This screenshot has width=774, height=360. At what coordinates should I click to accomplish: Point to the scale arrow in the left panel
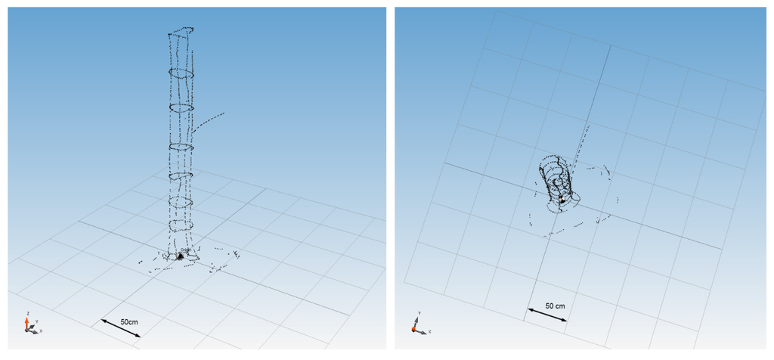[x=120, y=329]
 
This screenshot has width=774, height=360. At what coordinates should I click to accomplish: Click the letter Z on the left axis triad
[x=28, y=313]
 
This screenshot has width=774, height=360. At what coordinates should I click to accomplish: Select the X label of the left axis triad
[x=40, y=331]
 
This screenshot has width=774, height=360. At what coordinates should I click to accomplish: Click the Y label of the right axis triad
[x=418, y=313]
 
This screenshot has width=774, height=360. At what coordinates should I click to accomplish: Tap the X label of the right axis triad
[x=429, y=331]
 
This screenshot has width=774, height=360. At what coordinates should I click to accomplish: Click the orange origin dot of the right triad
[x=415, y=330]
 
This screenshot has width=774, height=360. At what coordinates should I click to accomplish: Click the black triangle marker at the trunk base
[x=180, y=256]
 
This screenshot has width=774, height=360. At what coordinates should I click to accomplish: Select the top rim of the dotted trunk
[x=181, y=32]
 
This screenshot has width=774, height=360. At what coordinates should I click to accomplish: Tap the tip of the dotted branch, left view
[x=224, y=113]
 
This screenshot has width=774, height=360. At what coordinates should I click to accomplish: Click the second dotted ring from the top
[x=181, y=73]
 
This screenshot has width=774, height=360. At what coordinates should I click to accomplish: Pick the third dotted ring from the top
[x=181, y=108]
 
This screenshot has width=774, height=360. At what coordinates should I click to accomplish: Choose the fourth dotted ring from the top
[x=181, y=146]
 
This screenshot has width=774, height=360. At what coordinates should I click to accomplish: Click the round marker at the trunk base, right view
[x=562, y=199]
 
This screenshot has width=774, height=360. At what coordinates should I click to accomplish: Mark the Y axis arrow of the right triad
[x=416, y=322]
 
